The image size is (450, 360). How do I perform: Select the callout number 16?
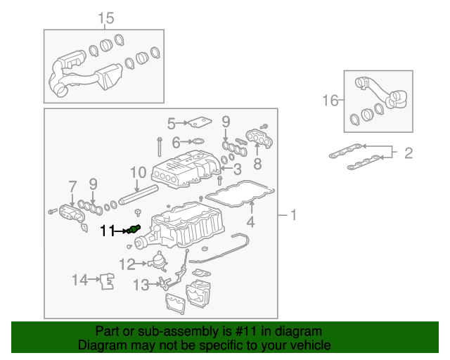[x=330, y=101]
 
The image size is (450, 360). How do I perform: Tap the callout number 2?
[x=408, y=153]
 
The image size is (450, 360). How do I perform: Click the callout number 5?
[x=171, y=124]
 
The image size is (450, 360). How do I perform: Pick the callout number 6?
[x=176, y=141]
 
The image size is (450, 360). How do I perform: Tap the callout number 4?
[x=250, y=224]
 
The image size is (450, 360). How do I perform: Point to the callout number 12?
[x=127, y=264]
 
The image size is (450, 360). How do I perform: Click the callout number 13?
[x=141, y=284]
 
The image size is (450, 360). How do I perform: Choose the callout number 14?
[x=80, y=281]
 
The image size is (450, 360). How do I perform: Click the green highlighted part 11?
[x=136, y=228]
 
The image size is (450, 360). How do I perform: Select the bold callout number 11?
[x=106, y=230]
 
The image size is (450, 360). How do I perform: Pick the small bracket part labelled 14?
[x=107, y=281]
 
